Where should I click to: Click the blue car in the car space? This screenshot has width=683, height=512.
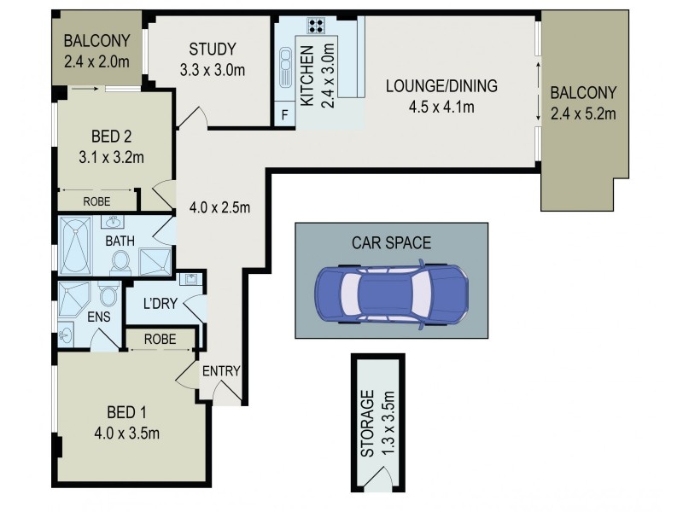click(x=392, y=295)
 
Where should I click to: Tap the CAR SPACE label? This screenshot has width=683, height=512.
click(x=391, y=243)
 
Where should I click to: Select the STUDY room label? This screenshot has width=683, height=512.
click(x=213, y=49)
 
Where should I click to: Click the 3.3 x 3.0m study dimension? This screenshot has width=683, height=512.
click(x=213, y=70)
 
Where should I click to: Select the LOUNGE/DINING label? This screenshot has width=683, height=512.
click(x=441, y=86)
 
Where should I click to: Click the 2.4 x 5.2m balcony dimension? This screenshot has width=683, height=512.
click(x=582, y=113)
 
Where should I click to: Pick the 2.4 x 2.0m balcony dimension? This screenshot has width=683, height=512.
click(x=96, y=60)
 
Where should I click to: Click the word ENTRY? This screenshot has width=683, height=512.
click(x=222, y=371)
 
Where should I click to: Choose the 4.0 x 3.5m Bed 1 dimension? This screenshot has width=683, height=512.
click(x=127, y=433)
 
